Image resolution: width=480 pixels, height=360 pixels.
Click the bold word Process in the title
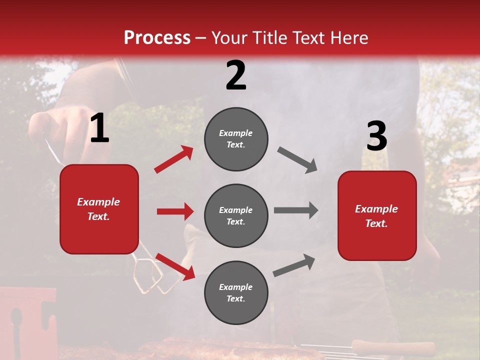157,38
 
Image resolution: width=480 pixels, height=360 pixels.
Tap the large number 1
99,128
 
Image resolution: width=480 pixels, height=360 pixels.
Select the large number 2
236,75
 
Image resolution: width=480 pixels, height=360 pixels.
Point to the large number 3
376,136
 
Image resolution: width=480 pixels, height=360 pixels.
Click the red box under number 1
99,209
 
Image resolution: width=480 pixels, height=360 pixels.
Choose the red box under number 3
377,215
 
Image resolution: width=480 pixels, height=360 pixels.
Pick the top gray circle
236,139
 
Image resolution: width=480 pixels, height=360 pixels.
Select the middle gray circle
236,215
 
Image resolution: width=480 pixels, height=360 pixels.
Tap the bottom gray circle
236,292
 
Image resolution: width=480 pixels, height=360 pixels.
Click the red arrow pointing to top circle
173,159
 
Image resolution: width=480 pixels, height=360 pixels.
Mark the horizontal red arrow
175,211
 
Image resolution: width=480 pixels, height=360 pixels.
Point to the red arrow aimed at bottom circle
175,266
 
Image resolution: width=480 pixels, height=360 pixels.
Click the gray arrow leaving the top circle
297,160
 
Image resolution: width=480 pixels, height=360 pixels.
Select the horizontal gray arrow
296,210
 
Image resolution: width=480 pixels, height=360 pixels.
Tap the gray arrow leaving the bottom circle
294,265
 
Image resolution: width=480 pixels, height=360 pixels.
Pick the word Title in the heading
269,38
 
